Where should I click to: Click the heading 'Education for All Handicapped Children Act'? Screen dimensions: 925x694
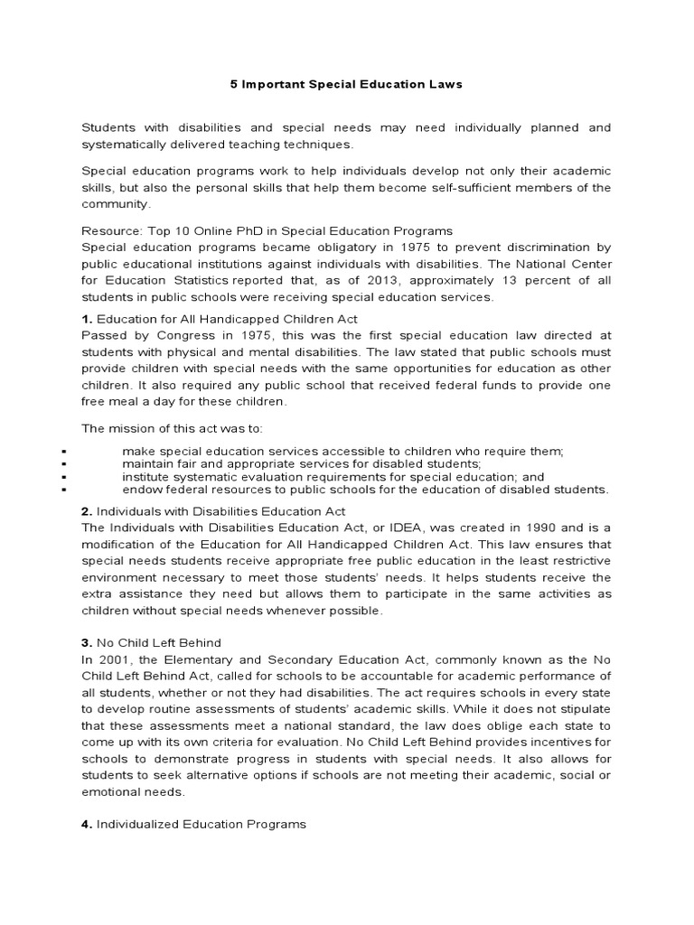(x=227, y=318)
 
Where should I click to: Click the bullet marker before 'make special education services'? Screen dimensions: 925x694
(x=67, y=451)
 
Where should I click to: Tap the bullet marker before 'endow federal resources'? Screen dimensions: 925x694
(x=67, y=490)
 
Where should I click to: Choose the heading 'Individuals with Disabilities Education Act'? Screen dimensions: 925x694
(x=221, y=510)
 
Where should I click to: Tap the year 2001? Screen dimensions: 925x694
(x=115, y=659)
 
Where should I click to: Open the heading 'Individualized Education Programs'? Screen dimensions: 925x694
(x=202, y=824)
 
